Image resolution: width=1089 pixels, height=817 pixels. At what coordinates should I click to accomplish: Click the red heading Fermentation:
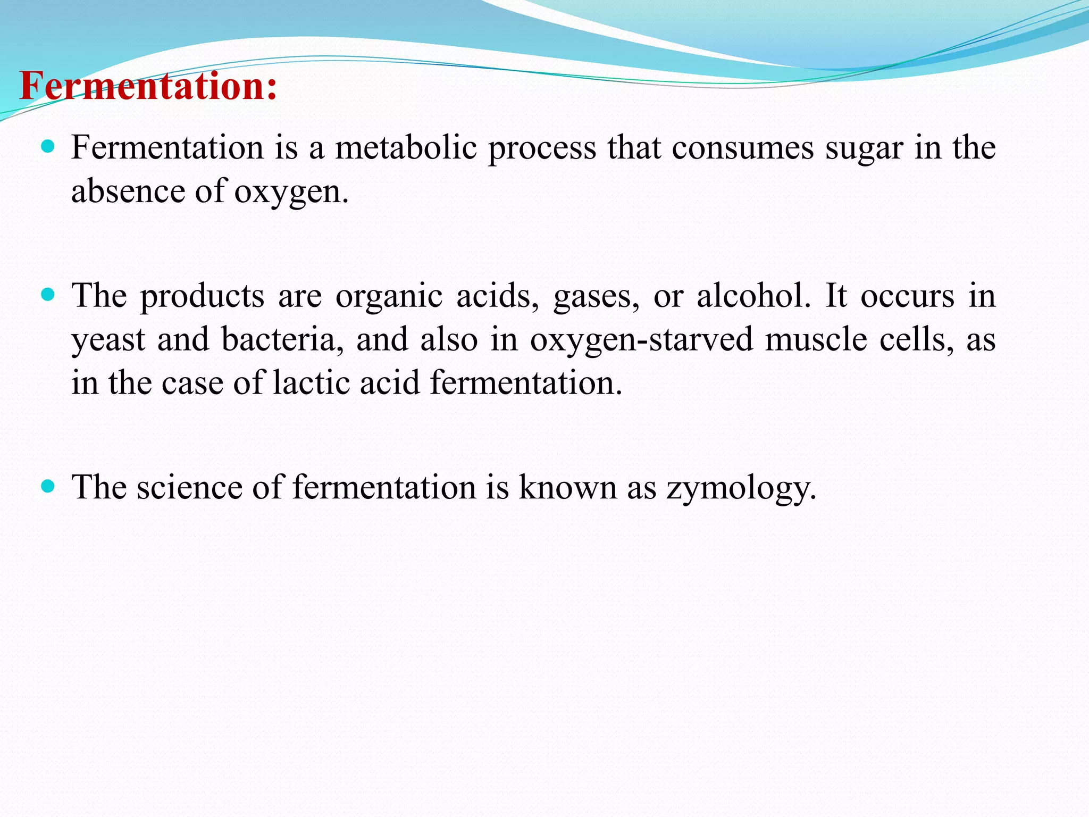148,86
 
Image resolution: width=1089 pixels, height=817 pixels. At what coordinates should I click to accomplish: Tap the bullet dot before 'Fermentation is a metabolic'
48,146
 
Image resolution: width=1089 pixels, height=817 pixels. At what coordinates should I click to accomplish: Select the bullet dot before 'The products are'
48,294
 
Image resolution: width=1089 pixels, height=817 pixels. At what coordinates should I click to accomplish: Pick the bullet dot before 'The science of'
48,486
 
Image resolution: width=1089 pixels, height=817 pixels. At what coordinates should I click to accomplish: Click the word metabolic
406,147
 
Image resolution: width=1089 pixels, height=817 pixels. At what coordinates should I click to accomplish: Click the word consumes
742,148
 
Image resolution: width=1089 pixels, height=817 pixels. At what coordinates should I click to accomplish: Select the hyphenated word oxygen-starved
641,340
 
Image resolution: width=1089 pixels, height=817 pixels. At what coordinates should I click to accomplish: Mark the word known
567,487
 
